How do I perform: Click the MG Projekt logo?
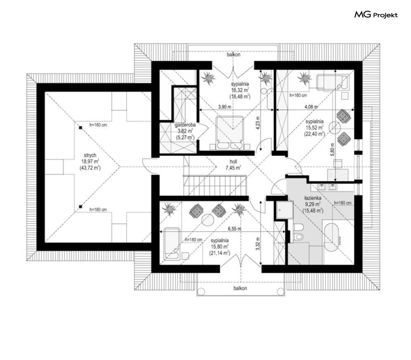tap(376, 15)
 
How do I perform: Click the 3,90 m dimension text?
tap(225, 107)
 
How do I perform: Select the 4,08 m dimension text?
tap(311, 107)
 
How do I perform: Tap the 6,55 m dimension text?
tap(234, 229)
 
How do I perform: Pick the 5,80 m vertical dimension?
tap(333, 150)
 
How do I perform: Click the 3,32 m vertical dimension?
tap(258, 243)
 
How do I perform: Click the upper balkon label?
tap(233, 55)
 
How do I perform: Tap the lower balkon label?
tap(240, 288)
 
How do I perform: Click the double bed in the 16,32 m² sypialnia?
tap(230, 133)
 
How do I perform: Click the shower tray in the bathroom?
tap(285, 210)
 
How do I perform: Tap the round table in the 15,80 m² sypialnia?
tap(208, 220)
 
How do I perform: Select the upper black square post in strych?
tap(81, 128)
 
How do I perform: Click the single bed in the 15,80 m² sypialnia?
tap(172, 244)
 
